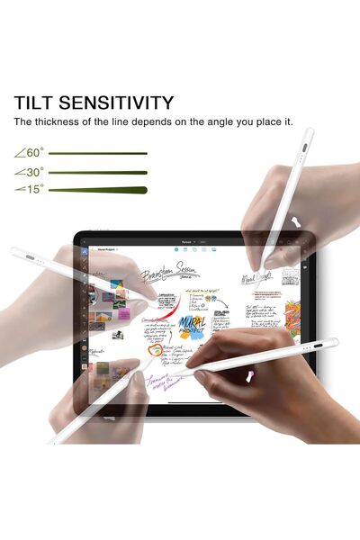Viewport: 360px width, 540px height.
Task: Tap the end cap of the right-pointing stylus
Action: click(x=332, y=342)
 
